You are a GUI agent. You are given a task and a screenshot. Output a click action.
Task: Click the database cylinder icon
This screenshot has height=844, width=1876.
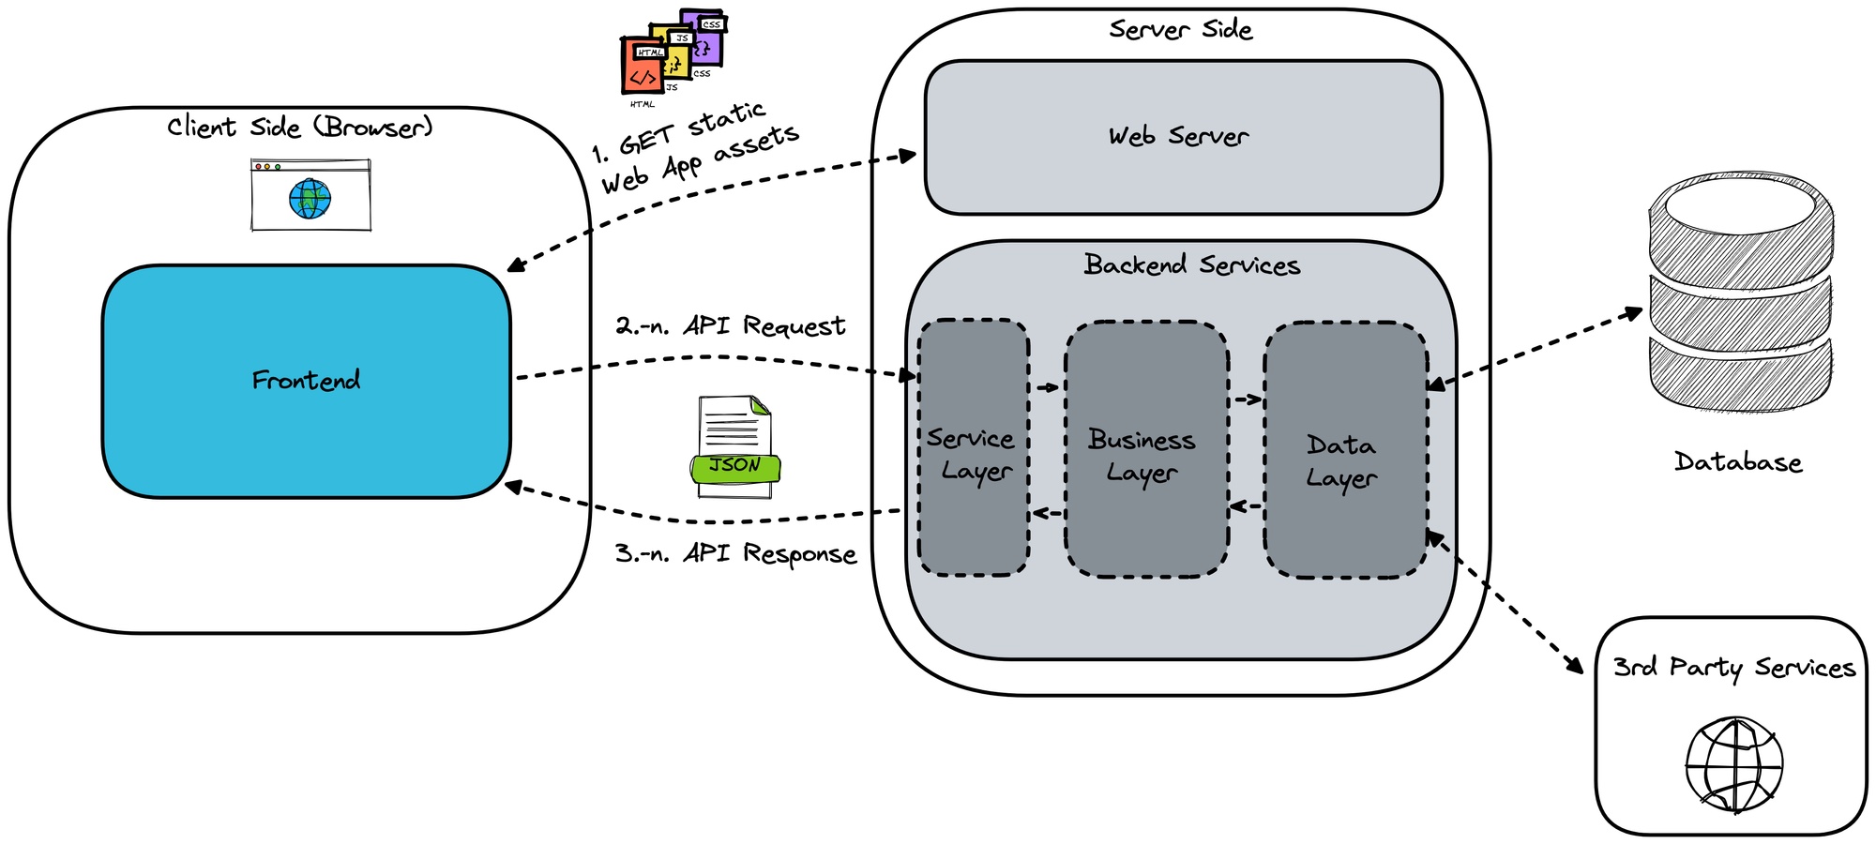(x=1740, y=291)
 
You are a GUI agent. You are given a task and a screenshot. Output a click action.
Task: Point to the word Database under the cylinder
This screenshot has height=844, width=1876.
(x=1738, y=462)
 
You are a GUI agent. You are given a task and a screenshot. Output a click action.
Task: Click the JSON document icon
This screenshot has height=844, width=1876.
(x=735, y=446)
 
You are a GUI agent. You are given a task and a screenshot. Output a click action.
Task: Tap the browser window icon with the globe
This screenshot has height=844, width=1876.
(x=310, y=195)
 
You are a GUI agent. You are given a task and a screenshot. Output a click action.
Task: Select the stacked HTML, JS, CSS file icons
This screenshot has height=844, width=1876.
(x=672, y=53)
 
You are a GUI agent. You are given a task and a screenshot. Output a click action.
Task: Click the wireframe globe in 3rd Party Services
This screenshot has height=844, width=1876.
(x=1734, y=765)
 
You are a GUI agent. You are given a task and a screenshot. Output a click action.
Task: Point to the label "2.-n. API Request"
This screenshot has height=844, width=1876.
(x=730, y=325)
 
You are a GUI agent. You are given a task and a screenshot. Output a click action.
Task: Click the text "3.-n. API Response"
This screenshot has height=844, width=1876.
(x=735, y=553)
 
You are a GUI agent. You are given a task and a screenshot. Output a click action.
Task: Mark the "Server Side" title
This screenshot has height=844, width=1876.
(x=1180, y=29)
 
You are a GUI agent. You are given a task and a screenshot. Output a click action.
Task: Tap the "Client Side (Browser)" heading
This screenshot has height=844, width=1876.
(x=300, y=127)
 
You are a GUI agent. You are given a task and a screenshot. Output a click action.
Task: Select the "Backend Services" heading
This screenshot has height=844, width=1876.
(x=1191, y=265)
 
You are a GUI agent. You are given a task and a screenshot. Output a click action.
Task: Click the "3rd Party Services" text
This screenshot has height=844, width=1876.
(x=1733, y=668)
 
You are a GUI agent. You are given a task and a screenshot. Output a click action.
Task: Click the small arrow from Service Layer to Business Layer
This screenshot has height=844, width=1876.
(x=1047, y=387)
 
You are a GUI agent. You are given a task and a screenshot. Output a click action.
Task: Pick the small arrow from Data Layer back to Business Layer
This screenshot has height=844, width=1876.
(x=1247, y=506)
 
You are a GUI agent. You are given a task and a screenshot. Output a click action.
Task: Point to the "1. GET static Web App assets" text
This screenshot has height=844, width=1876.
(x=696, y=148)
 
